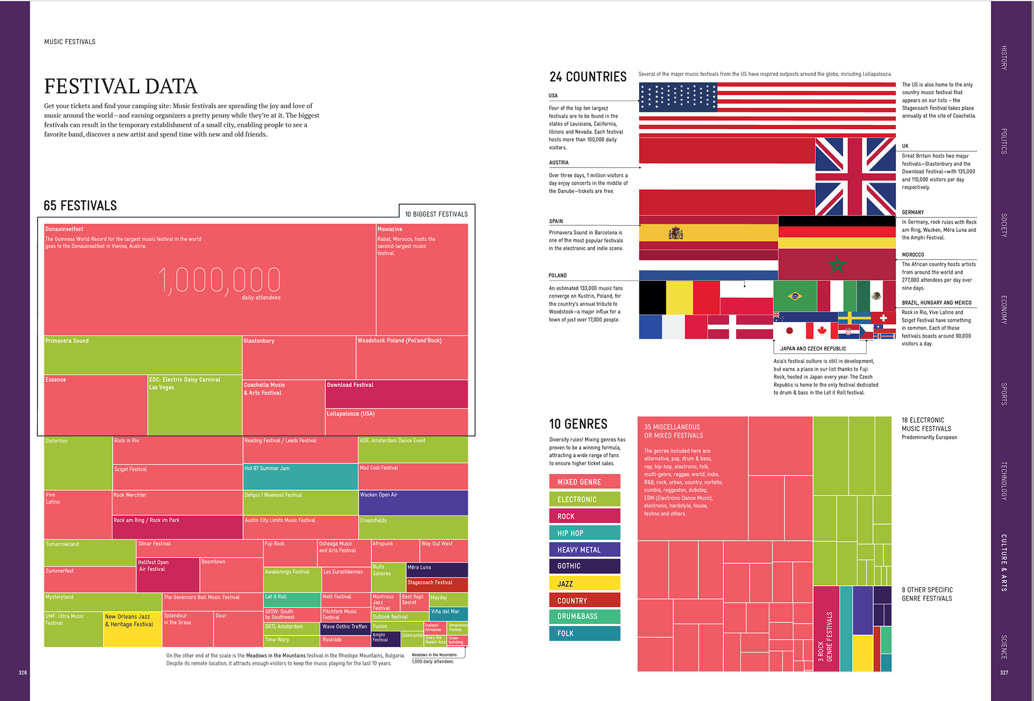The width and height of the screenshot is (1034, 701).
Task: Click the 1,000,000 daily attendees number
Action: (219, 281)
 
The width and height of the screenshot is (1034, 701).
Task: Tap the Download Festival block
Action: (396, 394)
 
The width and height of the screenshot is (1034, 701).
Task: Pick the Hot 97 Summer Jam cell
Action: (301, 476)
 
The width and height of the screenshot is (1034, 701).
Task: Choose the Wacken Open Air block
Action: (413, 502)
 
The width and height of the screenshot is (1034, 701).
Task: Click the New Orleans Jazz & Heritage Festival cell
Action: (132, 628)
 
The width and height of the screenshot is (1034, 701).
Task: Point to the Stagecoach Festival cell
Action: (437, 585)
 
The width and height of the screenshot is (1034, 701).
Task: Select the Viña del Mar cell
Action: (449, 614)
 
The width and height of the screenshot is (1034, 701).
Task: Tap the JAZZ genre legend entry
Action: (584, 584)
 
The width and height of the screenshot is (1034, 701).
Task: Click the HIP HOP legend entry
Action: (584, 533)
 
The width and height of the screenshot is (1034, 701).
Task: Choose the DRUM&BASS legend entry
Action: (584, 616)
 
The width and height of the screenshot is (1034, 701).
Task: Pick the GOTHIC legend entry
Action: (584, 566)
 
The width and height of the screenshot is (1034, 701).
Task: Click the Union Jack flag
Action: (855, 177)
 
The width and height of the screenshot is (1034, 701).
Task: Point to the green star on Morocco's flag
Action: (837, 264)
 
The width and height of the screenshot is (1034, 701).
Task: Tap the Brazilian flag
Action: (794, 296)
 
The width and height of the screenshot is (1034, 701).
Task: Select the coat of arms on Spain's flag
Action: (676, 233)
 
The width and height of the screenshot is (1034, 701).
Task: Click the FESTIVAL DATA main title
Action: (121, 86)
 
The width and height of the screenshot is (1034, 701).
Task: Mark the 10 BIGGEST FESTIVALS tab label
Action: (436, 214)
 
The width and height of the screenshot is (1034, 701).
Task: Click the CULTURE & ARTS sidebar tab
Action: (1004, 563)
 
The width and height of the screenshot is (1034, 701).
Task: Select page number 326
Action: (23, 672)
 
